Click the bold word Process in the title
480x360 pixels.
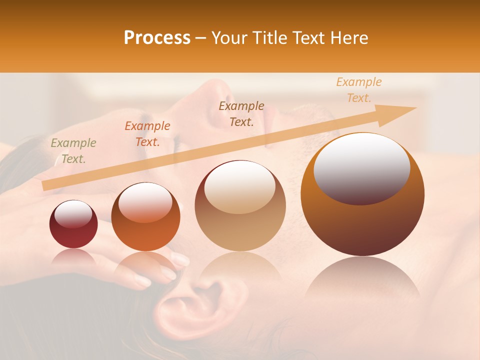[x=157, y=38]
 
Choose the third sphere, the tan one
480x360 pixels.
[x=240, y=205]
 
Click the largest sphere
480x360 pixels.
[x=362, y=194]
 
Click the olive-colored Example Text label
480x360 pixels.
[x=73, y=150]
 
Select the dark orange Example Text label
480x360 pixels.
[x=147, y=133]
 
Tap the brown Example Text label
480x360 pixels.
[x=241, y=113]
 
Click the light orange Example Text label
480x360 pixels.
[x=359, y=90]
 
